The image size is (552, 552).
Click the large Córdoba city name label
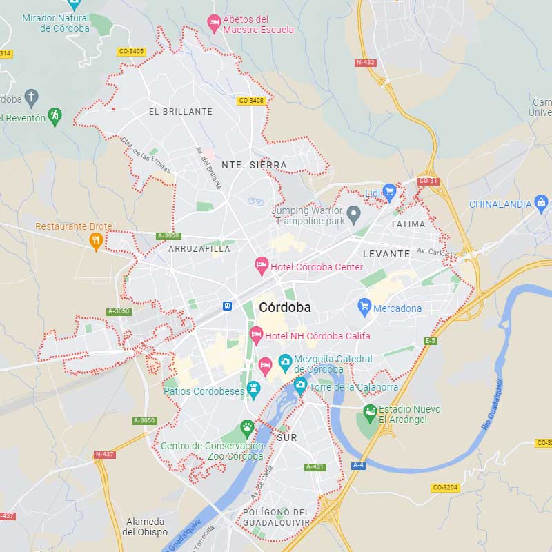tap(284, 307)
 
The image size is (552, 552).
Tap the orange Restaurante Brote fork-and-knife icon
tap(96, 239)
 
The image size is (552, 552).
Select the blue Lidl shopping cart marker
tap(389, 191)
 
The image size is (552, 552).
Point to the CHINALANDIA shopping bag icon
tap(542, 203)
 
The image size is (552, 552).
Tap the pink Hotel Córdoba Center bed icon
tap(262, 264)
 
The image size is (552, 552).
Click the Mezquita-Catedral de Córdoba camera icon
tap(284, 361)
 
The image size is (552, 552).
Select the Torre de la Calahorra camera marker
tap(299, 384)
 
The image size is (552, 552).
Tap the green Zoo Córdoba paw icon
tap(247, 428)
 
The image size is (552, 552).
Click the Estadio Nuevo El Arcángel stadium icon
tap(371, 413)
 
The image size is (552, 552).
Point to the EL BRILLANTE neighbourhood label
tap(181, 111)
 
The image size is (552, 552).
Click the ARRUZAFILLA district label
tap(199, 249)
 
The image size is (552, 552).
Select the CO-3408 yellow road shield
tap(250, 101)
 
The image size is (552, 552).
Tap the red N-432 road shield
tap(365, 62)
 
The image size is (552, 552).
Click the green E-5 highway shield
tap(431, 341)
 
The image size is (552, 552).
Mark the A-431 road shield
tap(314, 467)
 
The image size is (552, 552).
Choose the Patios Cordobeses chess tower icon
tap(253, 388)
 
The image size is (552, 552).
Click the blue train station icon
tap(226, 306)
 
